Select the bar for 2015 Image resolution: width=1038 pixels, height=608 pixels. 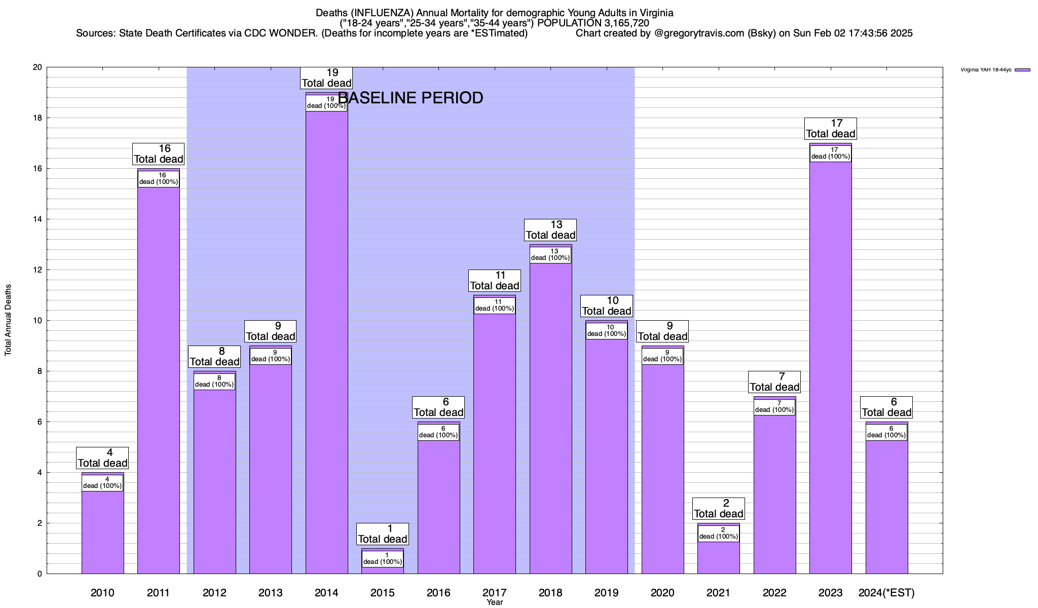383,570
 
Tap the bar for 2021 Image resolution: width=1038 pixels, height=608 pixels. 718,557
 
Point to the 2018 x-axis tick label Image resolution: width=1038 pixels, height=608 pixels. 550,593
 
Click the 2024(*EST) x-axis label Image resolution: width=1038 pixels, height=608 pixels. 886,593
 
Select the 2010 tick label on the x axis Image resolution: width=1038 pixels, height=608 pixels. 102,593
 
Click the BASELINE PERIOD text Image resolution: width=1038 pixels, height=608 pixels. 411,98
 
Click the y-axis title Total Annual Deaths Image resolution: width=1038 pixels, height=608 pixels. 8,320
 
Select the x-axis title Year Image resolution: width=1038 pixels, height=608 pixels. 495,602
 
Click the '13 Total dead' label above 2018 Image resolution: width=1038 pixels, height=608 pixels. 550,230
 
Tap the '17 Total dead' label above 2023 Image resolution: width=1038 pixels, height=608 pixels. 831,129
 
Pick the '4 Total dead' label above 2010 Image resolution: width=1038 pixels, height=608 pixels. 102,458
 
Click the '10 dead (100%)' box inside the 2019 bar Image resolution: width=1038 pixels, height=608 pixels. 607,331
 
